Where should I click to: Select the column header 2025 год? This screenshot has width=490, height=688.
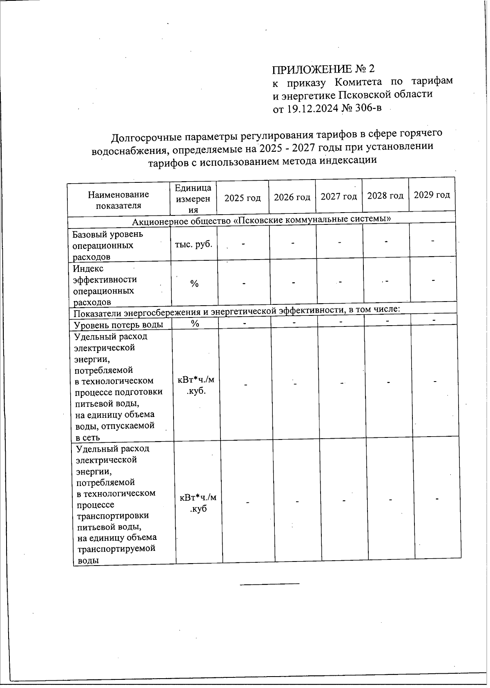(x=243, y=198)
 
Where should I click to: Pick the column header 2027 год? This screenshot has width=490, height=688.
(x=339, y=197)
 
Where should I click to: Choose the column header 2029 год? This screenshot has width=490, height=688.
(x=432, y=195)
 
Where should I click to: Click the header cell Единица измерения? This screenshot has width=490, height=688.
(x=193, y=199)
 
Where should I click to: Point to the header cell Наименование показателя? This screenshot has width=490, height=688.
(x=118, y=200)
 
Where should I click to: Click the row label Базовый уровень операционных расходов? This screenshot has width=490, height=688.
(x=108, y=246)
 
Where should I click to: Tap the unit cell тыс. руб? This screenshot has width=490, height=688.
(x=193, y=244)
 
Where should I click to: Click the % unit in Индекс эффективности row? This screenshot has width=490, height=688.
(x=194, y=284)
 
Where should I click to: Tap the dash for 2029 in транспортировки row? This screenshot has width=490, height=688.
(x=437, y=499)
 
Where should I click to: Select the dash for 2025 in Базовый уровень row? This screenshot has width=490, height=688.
(x=243, y=244)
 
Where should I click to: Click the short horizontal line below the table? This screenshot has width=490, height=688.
(x=269, y=584)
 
